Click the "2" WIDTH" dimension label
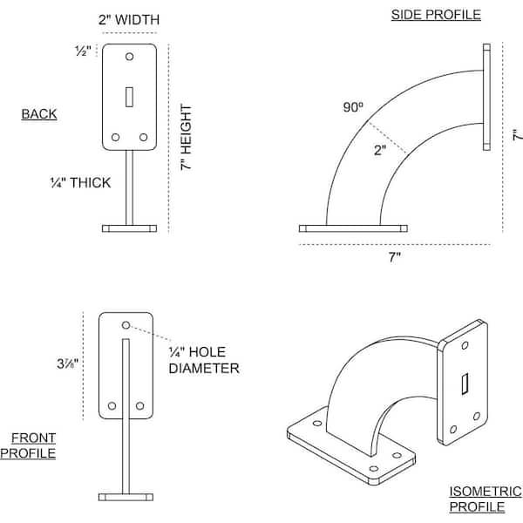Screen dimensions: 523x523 [129, 20]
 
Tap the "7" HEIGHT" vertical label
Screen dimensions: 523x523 [187, 138]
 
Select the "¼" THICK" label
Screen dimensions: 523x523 [80, 183]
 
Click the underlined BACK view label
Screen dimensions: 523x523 [39, 114]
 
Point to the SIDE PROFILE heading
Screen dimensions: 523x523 [436, 15]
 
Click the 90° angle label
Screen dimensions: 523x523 [353, 107]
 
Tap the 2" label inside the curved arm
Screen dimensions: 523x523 [380, 150]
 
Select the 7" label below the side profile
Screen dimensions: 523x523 [395, 257]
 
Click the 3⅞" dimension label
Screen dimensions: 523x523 [68, 363]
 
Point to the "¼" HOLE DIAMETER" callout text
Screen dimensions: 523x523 [204, 360]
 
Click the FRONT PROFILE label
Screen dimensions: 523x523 [28, 445]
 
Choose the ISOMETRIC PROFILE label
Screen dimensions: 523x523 [486, 499]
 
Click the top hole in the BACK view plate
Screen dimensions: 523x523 [129, 57]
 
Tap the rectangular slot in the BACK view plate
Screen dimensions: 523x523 [129, 97]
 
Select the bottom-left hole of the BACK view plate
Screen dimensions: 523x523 [115, 137]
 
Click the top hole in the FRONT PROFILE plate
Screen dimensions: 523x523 [126, 325]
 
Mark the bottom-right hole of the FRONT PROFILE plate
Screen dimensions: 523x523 [139, 405]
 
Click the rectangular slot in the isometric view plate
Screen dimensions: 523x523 [465, 384]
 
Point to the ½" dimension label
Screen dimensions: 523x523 [83, 51]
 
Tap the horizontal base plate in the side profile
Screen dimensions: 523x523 [353, 228]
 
